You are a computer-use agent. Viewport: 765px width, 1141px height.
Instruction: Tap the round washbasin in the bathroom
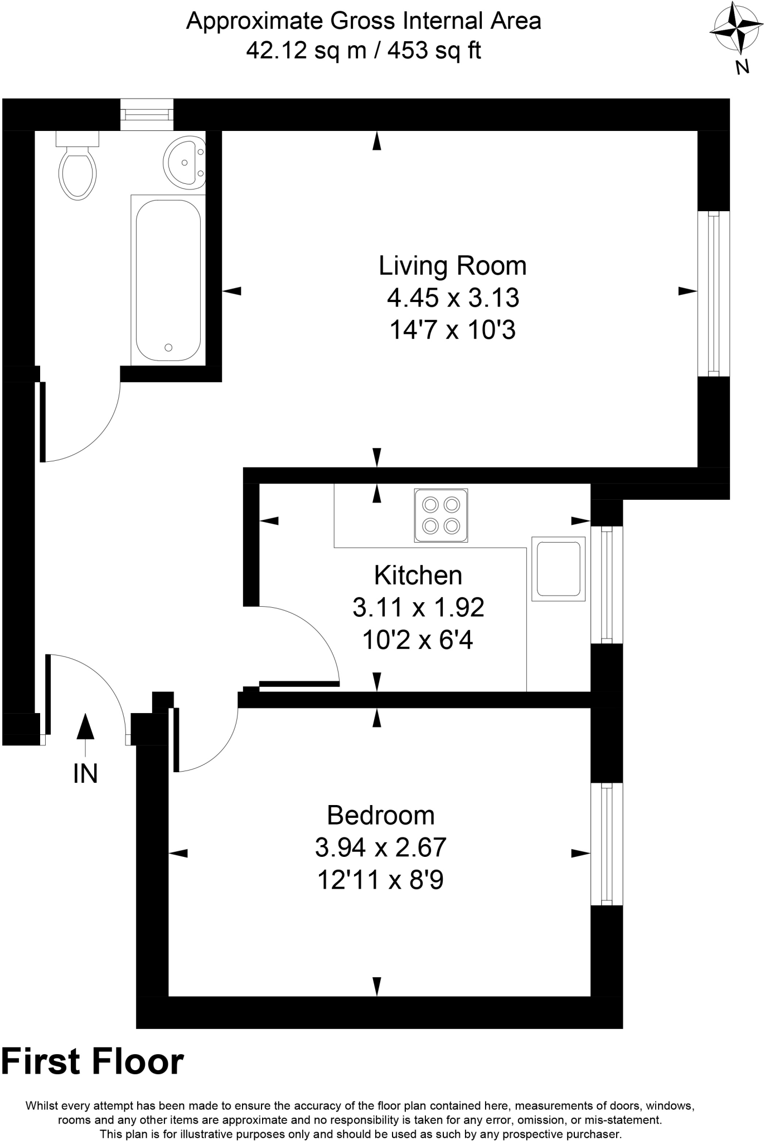point(184,162)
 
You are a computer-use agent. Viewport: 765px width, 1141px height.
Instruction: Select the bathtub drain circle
point(168,348)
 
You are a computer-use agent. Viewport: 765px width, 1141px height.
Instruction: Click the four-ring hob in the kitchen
point(441,515)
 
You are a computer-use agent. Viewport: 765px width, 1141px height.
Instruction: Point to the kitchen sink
point(559,568)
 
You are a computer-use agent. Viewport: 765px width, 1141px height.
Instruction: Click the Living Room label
point(452,266)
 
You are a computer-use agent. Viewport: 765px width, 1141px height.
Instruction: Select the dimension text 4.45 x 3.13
point(453,298)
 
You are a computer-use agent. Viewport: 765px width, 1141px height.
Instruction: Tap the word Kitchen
point(418,575)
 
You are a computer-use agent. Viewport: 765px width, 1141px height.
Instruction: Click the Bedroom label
point(380,815)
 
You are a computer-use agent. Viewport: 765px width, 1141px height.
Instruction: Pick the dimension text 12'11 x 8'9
point(380,880)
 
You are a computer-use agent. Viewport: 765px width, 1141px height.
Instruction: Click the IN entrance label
point(85,773)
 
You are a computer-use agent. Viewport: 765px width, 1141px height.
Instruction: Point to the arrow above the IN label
point(85,727)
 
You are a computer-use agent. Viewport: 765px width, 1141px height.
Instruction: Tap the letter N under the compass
point(742,67)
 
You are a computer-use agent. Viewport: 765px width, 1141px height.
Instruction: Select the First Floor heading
point(93,1061)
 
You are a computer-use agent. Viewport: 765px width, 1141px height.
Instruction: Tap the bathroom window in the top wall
point(147,114)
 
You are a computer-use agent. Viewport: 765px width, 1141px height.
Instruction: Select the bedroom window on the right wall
point(607,843)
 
